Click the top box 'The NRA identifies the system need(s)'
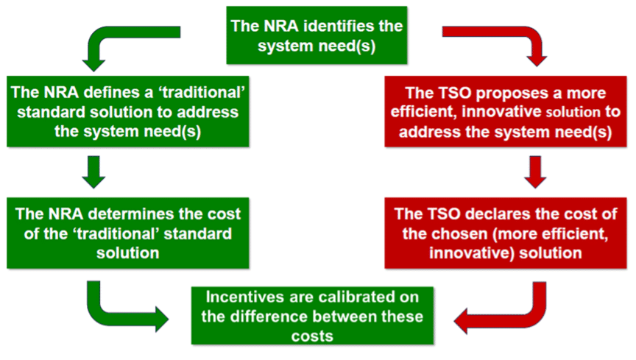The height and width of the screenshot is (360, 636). [x=317, y=35]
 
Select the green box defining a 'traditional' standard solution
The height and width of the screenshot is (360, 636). [x=128, y=111]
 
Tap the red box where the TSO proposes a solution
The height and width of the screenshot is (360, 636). [x=506, y=111]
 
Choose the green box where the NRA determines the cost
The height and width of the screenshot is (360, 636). [x=128, y=233]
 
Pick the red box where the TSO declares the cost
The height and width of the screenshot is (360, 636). [x=506, y=233]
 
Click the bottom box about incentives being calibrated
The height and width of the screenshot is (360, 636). [x=312, y=316]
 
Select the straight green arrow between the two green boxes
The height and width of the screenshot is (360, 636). [x=93, y=172]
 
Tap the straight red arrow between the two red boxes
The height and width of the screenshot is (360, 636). [x=535, y=172]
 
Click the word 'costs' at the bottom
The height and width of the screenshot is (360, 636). [x=312, y=336]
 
